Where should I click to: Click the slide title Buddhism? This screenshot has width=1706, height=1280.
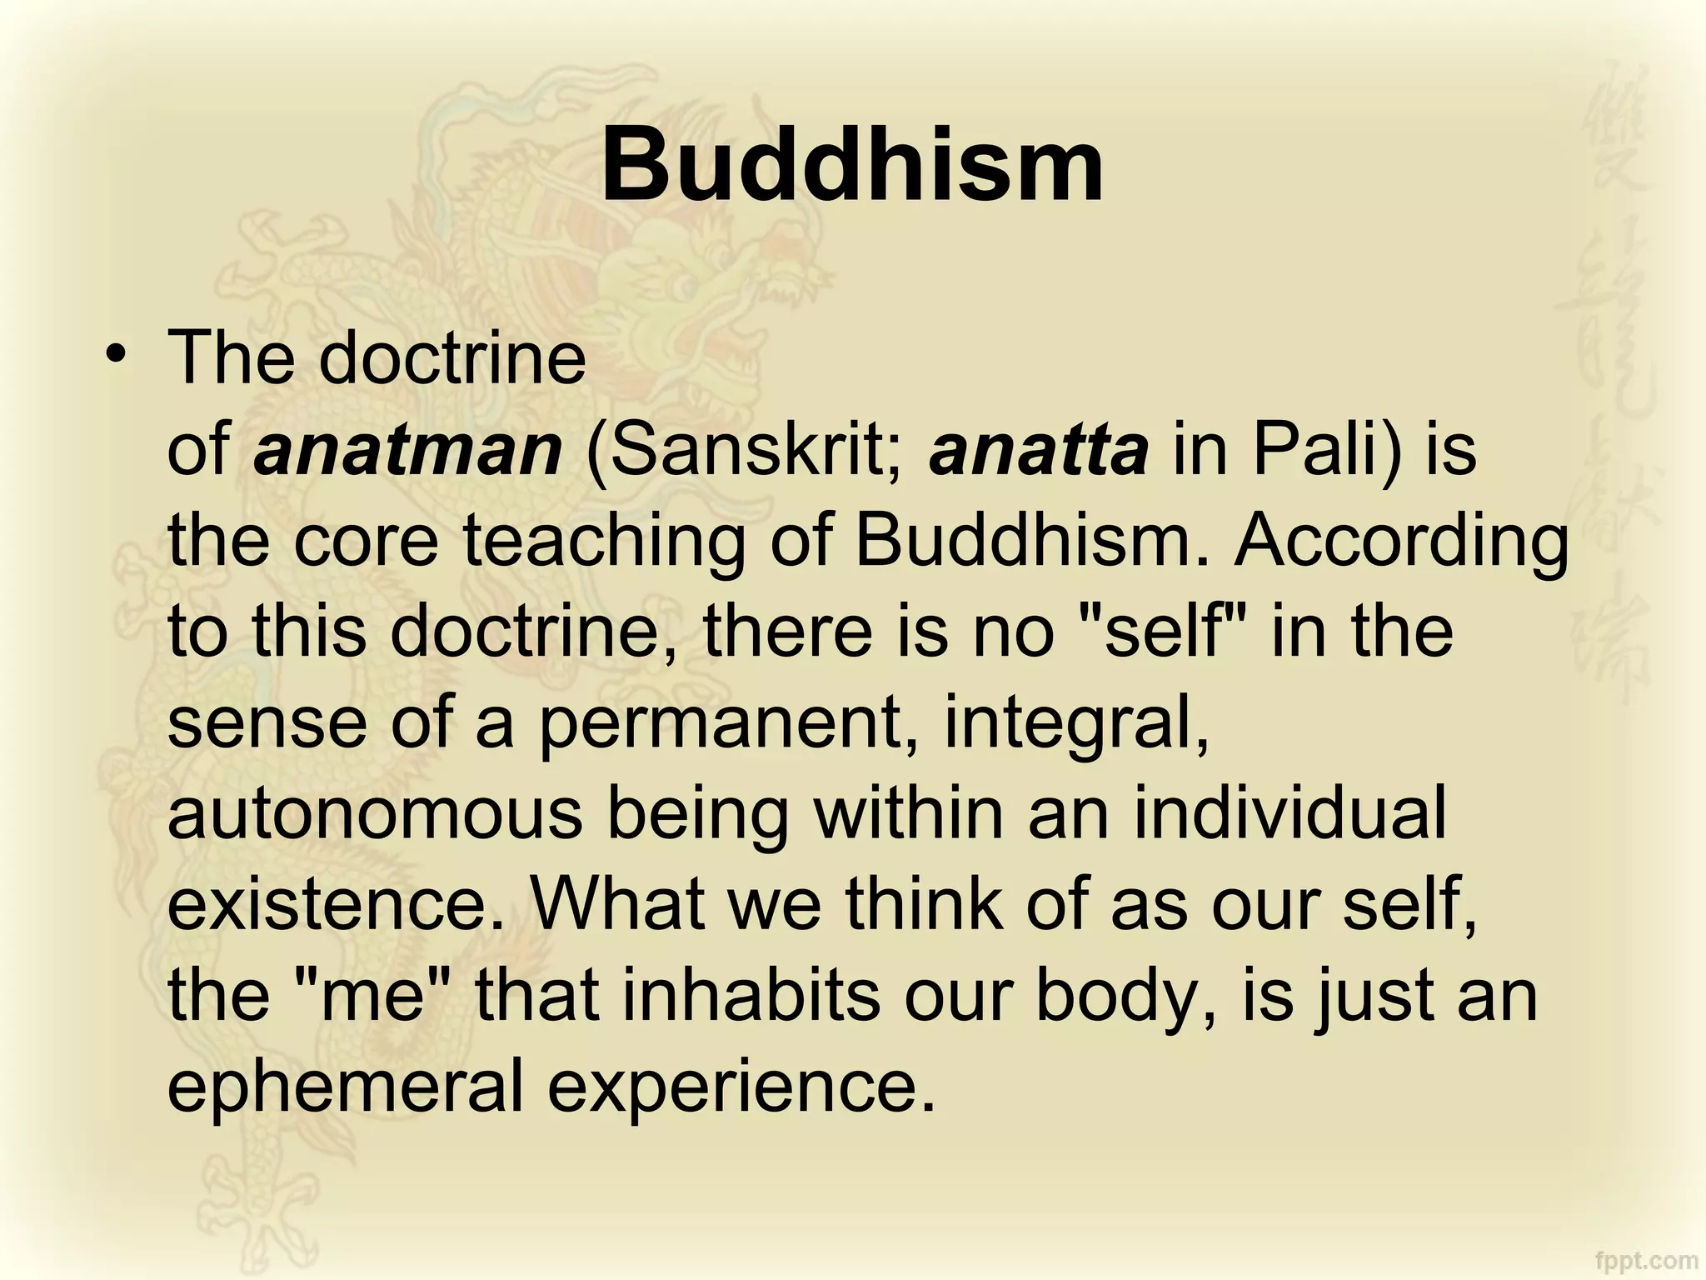click(852, 164)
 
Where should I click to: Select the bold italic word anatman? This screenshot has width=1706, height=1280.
click(408, 450)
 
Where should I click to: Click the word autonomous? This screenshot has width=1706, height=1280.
click(375, 813)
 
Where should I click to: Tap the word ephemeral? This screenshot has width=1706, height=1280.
click(345, 1087)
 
